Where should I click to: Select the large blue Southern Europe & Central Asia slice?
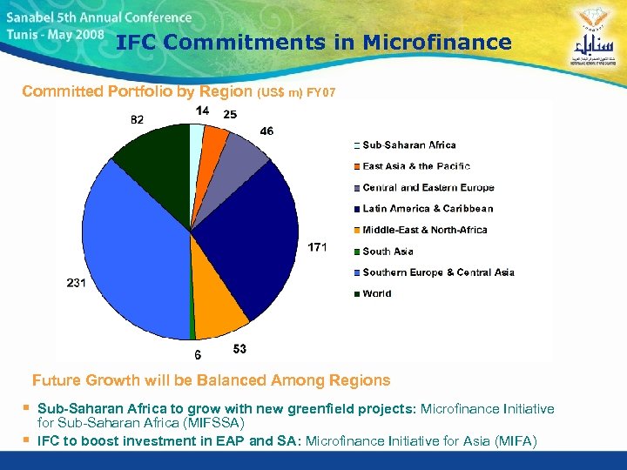(131, 252)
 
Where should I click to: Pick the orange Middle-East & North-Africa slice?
(218, 313)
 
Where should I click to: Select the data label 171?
(318, 248)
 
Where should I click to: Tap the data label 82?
(138, 119)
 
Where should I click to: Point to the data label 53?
(239, 349)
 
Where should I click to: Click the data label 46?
(266, 131)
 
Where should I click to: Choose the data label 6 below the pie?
(198, 354)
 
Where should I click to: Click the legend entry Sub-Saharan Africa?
(408, 145)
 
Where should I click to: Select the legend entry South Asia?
(388, 252)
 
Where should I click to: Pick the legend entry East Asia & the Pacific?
(415, 166)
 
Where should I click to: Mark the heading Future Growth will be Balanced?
(211, 380)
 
